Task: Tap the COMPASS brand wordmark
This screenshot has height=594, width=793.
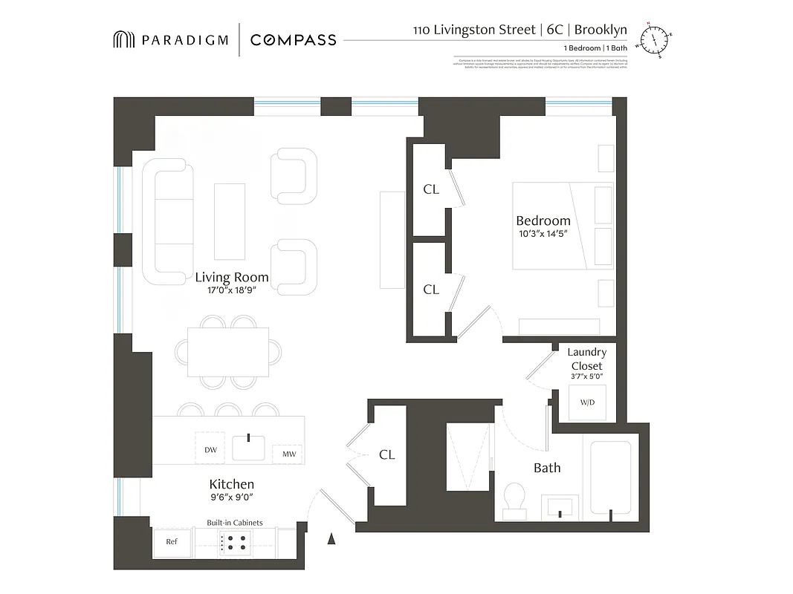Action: coord(293,40)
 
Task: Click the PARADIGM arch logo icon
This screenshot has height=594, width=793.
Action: coord(123,40)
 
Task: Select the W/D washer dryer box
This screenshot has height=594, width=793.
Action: coord(587,402)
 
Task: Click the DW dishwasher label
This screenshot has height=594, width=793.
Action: coord(210,449)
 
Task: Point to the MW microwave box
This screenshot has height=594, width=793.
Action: coord(287,453)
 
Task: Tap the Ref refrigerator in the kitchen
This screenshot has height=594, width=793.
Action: coord(172,542)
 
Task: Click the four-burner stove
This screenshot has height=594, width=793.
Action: coord(236,543)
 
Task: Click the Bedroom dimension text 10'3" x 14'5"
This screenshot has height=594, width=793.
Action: coord(543,234)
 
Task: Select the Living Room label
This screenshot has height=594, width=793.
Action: coord(232,278)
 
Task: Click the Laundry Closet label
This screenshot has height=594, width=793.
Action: coord(587,359)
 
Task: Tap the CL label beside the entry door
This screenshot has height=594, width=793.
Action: coord(386,454)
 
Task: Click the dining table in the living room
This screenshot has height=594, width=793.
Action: coord(228,352)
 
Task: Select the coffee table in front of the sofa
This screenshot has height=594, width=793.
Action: coord(229,221)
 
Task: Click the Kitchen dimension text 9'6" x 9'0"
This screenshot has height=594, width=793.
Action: coord(232,497)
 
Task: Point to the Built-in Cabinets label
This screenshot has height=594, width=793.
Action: coord(234,523)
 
